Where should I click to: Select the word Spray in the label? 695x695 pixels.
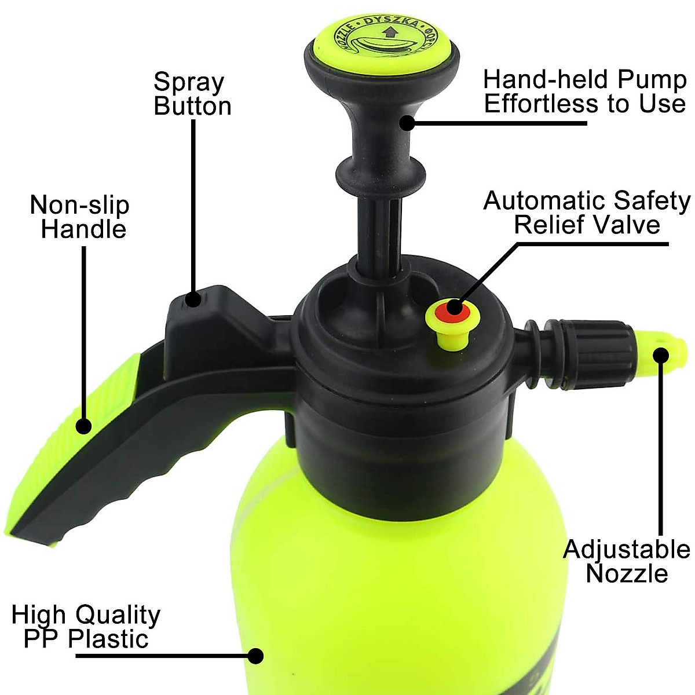188,83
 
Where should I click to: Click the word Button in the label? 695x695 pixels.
192,107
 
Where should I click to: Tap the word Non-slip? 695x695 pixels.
80,205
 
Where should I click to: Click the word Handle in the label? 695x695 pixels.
83,229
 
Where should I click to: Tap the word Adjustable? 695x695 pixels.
627,550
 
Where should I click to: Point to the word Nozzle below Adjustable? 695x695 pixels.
627,573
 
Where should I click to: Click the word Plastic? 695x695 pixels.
108,639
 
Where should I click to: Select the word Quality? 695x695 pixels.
118,614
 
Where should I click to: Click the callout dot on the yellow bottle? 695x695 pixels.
255,656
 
